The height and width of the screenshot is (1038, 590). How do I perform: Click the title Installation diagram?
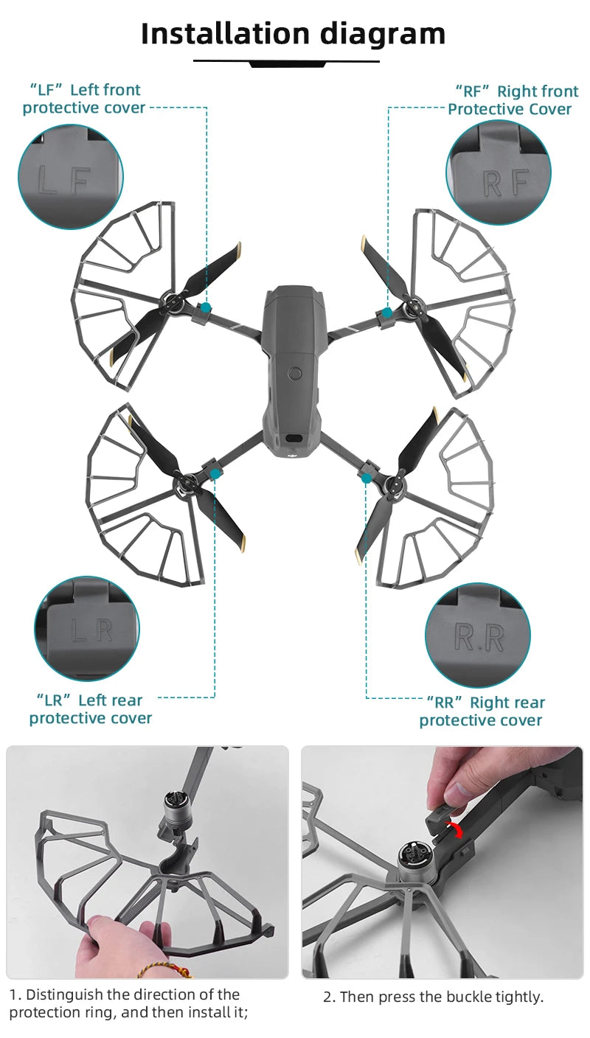pos(293,34)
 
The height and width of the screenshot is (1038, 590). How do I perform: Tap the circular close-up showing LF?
pos(70,177)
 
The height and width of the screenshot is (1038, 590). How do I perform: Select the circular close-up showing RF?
pos(499,173)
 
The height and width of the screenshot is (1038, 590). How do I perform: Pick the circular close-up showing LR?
pos(87,629)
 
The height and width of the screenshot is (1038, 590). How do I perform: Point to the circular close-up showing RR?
pos(477,635)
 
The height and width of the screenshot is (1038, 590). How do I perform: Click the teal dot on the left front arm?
pos(206,307)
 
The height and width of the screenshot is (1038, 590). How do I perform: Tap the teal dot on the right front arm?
pos(387,313)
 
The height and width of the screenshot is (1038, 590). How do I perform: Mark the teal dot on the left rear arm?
pos(215,475)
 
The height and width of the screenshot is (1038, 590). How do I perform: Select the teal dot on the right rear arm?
pos(367,478)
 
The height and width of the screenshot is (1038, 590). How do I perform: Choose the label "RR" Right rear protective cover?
pos(482,711)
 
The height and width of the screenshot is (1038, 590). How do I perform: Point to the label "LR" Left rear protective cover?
pos(90,709)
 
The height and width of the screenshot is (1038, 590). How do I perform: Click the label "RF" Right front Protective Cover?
pos(511,100)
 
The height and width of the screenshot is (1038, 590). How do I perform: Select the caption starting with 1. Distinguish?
pos(128,1003)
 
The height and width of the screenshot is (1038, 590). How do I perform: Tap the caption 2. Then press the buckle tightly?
pos(433,997)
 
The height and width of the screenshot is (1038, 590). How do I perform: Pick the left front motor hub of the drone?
pos(174,301)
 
